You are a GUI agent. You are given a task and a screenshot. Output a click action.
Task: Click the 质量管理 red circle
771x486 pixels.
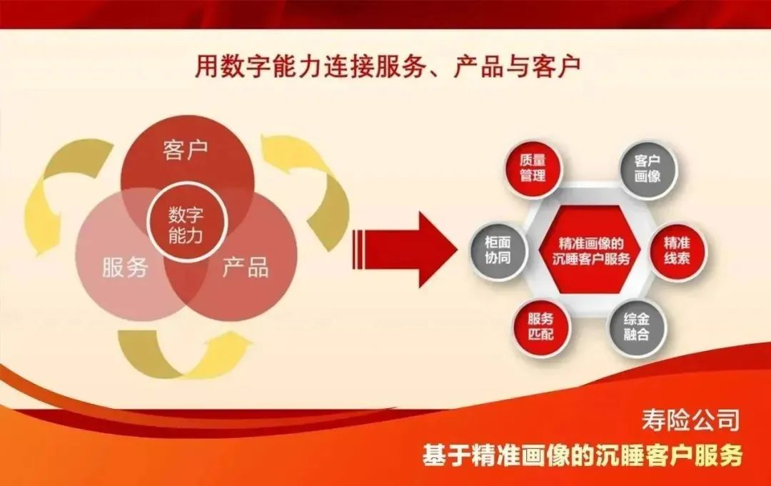(533, 168)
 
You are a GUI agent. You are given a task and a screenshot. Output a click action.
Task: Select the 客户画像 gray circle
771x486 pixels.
(647, 168)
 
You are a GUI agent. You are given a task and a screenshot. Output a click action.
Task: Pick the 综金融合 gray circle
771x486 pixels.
(636, 328)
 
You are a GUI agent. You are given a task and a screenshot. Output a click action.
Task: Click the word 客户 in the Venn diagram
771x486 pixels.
(185, 151)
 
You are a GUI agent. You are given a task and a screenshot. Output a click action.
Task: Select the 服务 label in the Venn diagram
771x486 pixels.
(124, 268)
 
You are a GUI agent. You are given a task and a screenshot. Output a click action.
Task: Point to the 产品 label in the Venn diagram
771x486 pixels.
(246, 268)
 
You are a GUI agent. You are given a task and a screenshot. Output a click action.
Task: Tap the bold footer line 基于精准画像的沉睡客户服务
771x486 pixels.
(582, 455)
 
